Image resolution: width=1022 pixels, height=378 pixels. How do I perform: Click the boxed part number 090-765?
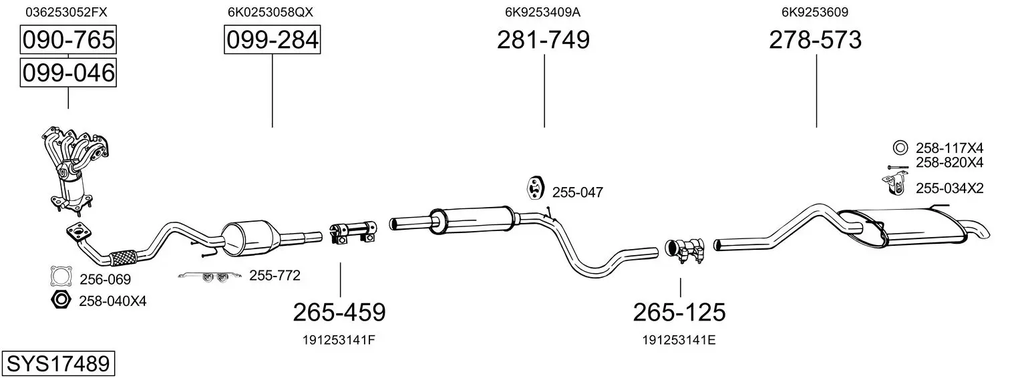pyautogui.click(x=68, y=39)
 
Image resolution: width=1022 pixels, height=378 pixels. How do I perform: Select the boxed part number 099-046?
pyautogui.click(x=68, y=73)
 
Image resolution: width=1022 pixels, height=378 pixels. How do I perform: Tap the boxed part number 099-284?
pyautogui.click(x=273, y=39)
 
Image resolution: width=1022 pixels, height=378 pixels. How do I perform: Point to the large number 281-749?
pyautogui.click(x=543, y=39)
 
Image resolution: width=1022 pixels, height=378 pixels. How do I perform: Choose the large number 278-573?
pyautogui.click(x=816, y=39)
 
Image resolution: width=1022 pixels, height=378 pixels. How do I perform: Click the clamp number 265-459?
pyautogui.click(x=339, y=313)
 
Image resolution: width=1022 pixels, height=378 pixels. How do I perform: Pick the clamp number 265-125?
pyautogui.click(x=679, y=313)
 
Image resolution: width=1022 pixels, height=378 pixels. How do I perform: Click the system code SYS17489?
pyautogui.click(x=58, y=364)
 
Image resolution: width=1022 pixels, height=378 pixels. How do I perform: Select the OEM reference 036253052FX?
pyautogui.click(x=67, y=12)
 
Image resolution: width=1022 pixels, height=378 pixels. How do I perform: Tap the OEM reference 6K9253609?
pyautogui.click(x=815, y=12)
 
